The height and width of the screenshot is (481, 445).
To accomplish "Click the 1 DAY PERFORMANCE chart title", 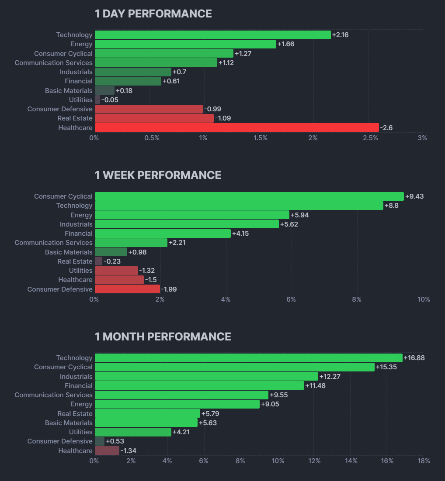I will pyautogui.click(x=153, y=14).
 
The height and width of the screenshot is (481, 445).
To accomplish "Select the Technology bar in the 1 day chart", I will pyautogui.click(x=212, y=35).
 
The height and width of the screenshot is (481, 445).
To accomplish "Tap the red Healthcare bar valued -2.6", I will pyautogui.click(x=236, y=127).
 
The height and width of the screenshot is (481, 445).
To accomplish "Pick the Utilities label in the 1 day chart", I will pyautogui.click(x=80, y=100).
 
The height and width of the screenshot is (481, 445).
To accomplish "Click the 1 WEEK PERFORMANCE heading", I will pyautogui.click(x=158, y=175).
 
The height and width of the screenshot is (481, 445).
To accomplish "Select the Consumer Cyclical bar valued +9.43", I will pyautogui.click(x=249, y=196).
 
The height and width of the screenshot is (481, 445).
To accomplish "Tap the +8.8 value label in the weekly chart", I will pyautogui.click(x=391, y=206).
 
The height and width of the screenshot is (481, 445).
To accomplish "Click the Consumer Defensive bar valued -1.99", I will pyautogui.click(x=127, y=289).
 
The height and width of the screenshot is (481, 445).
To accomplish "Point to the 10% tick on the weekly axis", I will pyautogui.click(x=424, y=299).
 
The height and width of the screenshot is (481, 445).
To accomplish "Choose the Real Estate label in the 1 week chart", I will pyautogui.click(x=75, y=261).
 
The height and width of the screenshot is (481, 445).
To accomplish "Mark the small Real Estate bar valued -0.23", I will pyautogui.click(x=98, y=261).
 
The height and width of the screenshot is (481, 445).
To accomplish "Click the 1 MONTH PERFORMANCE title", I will pyautogui.click(x=163, y=337).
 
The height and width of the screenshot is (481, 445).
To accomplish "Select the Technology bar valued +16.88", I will pyautogui.click(x=248, y=358).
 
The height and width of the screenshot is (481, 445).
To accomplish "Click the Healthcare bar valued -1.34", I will pyautogui.click(x=107, y=450).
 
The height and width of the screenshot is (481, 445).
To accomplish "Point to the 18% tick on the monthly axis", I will pyautogui.click(x=424, y=461).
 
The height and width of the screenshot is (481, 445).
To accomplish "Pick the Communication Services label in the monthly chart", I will pyautogui.click(x=53, y=395).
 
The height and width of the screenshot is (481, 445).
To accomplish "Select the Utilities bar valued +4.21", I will pyautogui.click(x=133, y=432).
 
